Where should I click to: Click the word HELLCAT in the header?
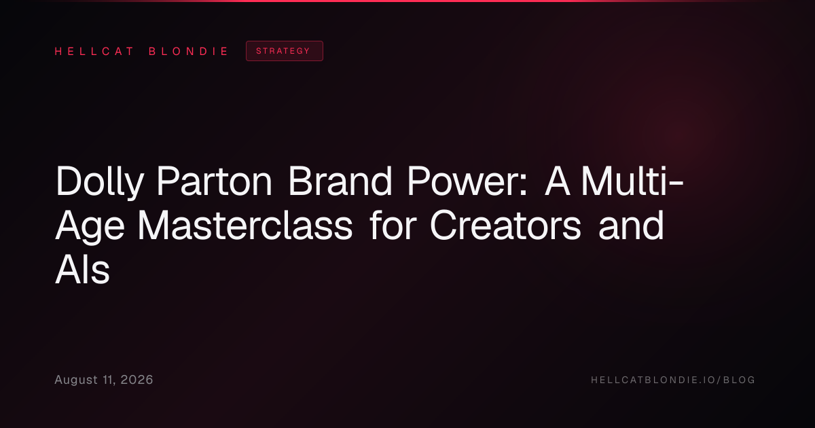tap(94, 52)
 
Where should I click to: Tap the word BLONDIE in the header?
tap(188, 52)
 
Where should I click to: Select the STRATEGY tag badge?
tap(285, 51)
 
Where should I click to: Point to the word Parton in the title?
tap(215, 181)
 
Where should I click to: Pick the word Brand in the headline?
tap(340, 181)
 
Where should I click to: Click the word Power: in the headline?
tap(467, 181)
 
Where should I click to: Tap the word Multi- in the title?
tap(632, 181)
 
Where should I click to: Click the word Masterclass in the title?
tap(245, 226)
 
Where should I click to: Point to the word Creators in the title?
tap(505, 226)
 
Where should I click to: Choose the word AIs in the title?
tap(82, 270)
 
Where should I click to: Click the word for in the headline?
tap(393, 225)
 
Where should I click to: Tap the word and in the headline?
tap(631, 225)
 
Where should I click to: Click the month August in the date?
tap(76, 380)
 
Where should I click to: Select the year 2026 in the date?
tap(137, 380)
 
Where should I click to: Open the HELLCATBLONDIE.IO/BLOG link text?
tap(673, 380)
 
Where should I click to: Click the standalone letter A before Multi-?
tap(557, 181)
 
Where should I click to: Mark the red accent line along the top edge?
tap(407, 1)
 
